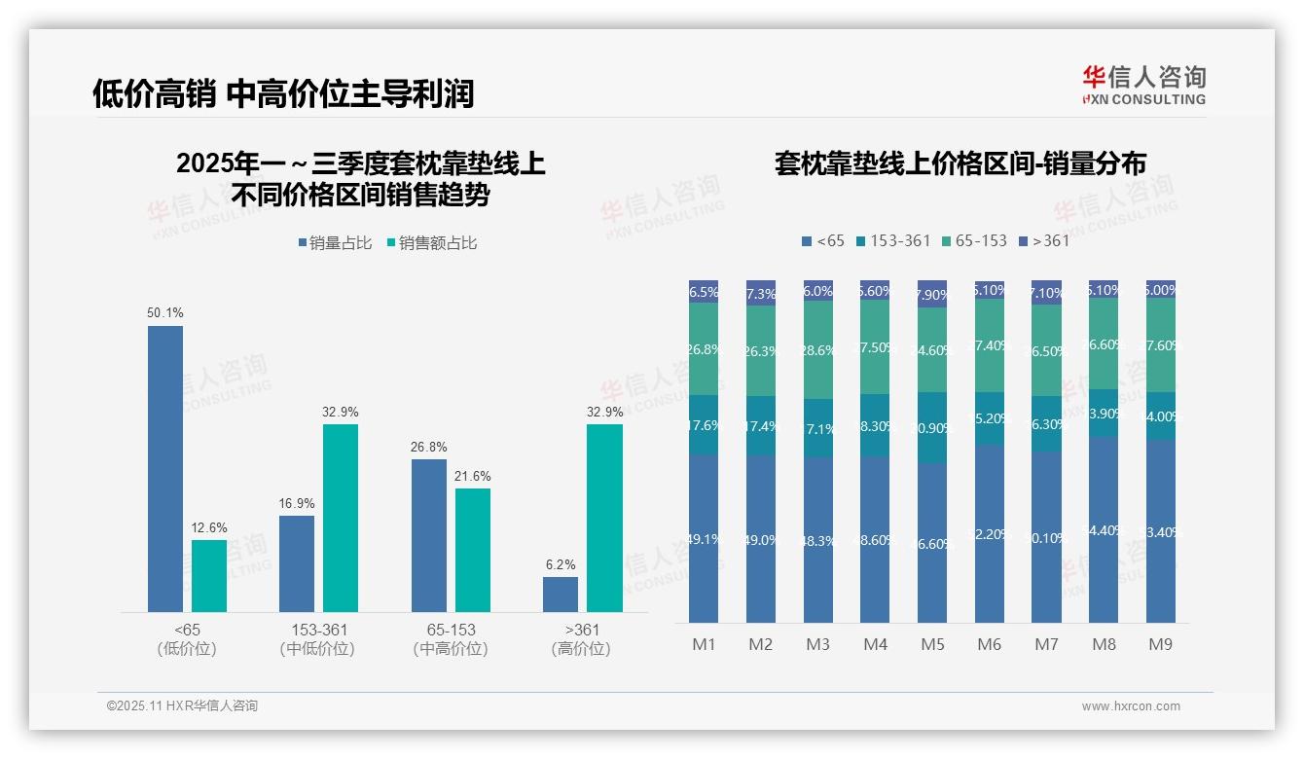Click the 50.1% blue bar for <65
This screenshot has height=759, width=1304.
(x=165, y=468)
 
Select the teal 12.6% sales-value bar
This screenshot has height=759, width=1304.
(x=209, y=575)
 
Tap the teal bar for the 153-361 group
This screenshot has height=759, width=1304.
(x=341, y=518)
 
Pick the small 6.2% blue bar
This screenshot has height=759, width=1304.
(x=561, y=595)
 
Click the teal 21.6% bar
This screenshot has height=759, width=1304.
(x=473, y=550)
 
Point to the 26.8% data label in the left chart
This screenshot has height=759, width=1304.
(x=429, y=447)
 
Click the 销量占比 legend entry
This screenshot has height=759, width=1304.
(x=336, y=242)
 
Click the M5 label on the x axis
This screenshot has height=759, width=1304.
(x=932, y=644)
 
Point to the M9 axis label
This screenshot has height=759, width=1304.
(x=1161, y=644)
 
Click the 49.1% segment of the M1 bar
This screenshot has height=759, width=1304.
(x=704, y=538)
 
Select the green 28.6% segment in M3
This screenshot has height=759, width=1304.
(x=818, y=350)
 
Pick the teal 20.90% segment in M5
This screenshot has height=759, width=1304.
(x=932, y=428)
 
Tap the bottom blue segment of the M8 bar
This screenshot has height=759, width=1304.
(x=1104, y=529)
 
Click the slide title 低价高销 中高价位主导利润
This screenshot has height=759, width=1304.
(x=283, y=93)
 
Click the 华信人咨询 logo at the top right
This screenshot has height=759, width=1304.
(x=1143, y=85)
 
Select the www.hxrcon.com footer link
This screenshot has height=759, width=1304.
(x=1131, y=706)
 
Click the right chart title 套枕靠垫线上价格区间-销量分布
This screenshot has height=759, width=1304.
(x=960, y=163)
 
